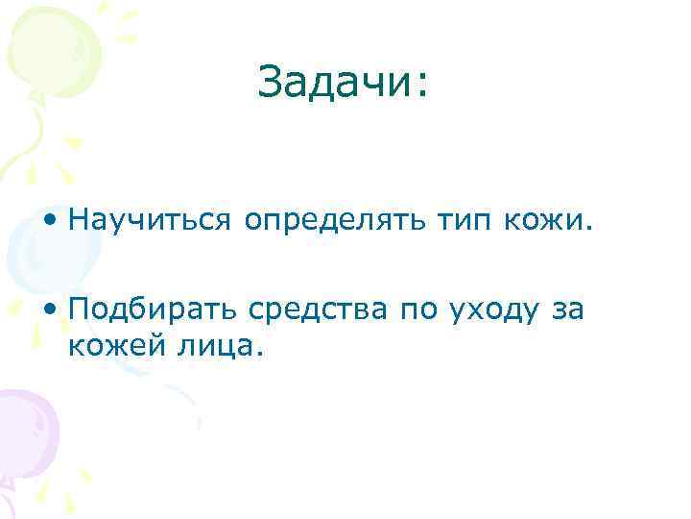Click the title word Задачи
point(336,84)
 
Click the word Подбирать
point(156,311)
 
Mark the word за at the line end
point(567,312)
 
